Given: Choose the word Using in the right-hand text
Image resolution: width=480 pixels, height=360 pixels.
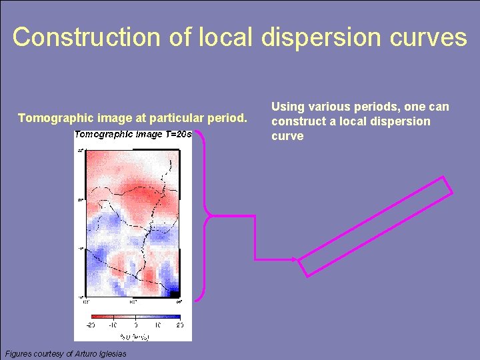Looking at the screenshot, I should coord(286,107).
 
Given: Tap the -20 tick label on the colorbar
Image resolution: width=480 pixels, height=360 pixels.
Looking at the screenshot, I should coord(91,325).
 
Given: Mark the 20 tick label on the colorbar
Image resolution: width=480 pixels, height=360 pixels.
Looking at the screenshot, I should coord(179,325).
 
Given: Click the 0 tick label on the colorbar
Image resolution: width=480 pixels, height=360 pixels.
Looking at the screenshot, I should coord(135,325).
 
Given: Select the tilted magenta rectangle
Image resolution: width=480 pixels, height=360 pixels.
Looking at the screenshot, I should coord(375,226).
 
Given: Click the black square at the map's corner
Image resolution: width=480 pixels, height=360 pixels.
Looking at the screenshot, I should coord(174,294).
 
